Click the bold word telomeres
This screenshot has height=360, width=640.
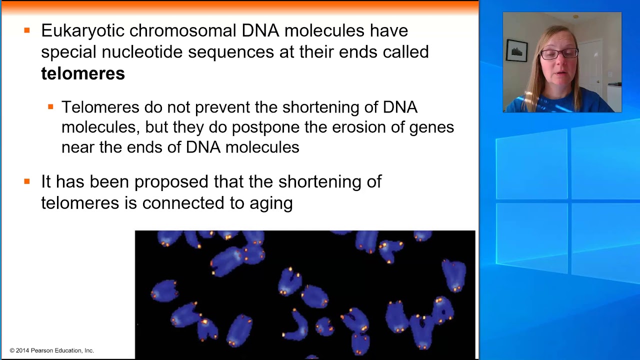(82, 73)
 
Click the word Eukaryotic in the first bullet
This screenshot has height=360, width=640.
(82, 30)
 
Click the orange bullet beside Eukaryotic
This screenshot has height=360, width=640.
(27, 30)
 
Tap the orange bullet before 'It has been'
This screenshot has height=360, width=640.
(27, 181)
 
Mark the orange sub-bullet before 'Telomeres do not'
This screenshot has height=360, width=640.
(50, 106)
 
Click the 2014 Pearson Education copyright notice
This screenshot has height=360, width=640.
(52, 350)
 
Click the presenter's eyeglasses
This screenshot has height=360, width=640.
(558, 53)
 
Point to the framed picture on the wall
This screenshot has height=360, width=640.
(516, 50)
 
